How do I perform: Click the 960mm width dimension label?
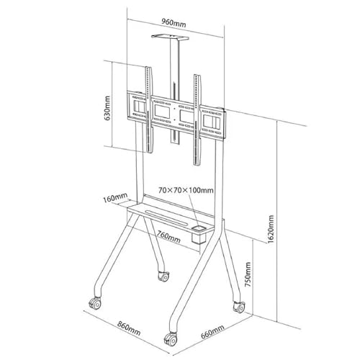pos(174,23)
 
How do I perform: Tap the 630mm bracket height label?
pos(107,108)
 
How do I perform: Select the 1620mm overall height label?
pos(271,229)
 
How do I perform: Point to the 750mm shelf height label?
pos(248,274)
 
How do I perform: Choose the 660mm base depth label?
pos(212,331)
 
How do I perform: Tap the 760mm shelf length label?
pos(168,237)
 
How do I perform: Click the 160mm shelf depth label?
pos(115,198)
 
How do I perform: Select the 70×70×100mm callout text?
pos(186,190)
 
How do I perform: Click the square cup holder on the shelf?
pos(199,234)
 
